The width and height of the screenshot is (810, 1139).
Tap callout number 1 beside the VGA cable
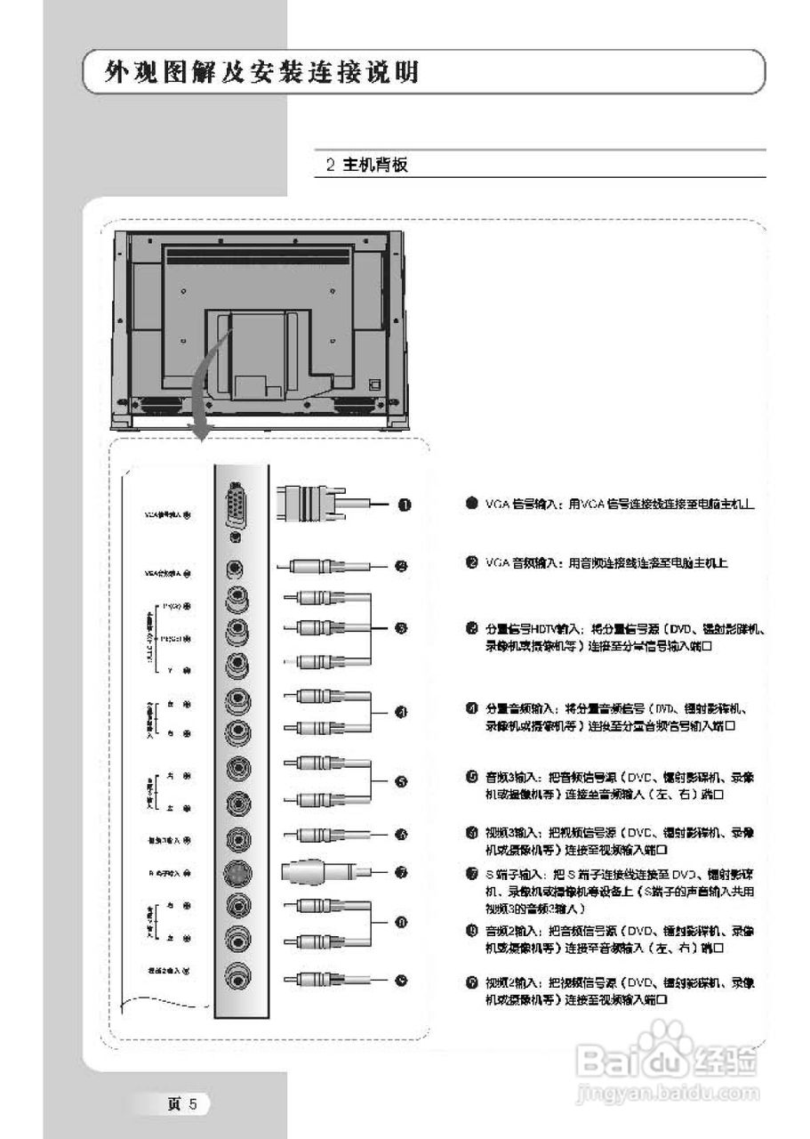pyautogui.click(x=404, y=505)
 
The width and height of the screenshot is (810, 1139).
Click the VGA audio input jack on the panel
pyautogui.click(x=236, y=567)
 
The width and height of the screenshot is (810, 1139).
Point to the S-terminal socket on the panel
pyautogui.click(x=237, y=872)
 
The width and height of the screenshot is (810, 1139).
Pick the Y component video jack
pyautogui.click(x=237, y=664)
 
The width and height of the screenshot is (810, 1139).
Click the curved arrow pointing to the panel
pyautogui.click(x=210, y=383)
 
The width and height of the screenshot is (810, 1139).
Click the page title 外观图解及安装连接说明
pyautogui.click(x=261, y=72)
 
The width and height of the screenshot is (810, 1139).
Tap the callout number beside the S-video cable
pyautogui.click(x=402, y=873)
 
